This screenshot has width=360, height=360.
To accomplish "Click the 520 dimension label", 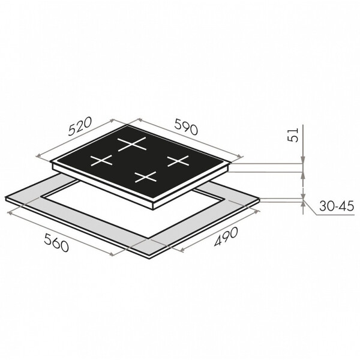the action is pos(80,126).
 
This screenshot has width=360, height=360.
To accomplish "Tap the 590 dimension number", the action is pos(186,127).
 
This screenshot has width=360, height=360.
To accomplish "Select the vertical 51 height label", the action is pos(293,135).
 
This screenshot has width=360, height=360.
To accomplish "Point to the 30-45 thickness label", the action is pos(337,206).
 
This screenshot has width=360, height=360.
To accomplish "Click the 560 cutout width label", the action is pos(56,242).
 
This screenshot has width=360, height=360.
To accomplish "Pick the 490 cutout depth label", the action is pos(226,237).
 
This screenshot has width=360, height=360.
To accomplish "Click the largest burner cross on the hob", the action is pos(132,144).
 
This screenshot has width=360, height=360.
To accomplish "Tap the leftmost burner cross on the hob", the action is pos(101,160).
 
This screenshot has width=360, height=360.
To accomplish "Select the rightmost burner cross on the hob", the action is pos(178,161).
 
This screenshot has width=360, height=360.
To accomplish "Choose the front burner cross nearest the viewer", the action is pos(146,177).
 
